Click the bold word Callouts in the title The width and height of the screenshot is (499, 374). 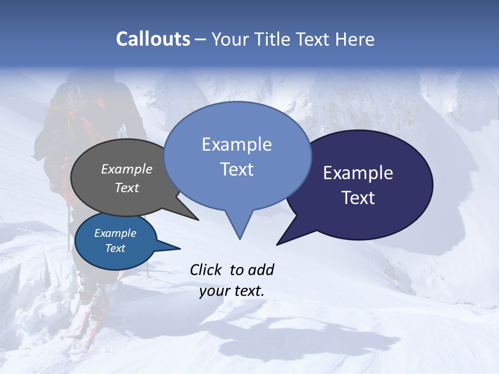pyautogui.click(x=153, y=39)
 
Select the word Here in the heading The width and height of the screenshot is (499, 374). pyautogui.click(x=355, y=39)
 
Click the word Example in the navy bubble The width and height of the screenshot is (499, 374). pyautogui.click(x=358, y=173)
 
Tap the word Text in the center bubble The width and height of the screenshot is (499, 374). pyautogui.click(x=237, y=169)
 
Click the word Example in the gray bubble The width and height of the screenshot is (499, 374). pyautogui.click(x=127, y=169)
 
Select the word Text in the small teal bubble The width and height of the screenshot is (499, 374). pyautogui.click(x=115, y=248)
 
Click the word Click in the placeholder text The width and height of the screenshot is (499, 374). pyautogui.click(x=207, y=270)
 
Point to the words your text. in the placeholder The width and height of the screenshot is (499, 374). pyautogui.click(x=232, y=291)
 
